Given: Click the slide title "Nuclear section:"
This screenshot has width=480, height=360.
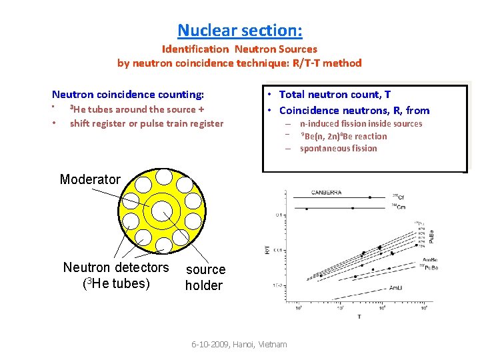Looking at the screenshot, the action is (240, 31).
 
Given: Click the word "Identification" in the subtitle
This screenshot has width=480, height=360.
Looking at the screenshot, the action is (194, 49).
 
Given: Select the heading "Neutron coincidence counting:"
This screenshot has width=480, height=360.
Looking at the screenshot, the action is (128, 95).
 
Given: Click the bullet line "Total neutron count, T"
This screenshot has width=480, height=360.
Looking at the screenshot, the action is (335, 95).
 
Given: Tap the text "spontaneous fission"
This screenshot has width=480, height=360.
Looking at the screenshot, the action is (338, 149).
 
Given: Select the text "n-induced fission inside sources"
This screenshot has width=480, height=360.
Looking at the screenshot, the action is (361, 124).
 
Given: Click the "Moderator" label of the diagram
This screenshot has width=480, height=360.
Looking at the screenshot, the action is (90, 179).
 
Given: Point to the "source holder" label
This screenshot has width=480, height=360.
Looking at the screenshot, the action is (205, 277).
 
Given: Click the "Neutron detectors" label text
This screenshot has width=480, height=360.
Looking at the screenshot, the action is (116, 267).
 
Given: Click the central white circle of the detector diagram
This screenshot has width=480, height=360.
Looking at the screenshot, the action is (162, 211).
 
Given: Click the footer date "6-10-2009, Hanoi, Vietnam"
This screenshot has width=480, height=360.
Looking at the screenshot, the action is (239, 344).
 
